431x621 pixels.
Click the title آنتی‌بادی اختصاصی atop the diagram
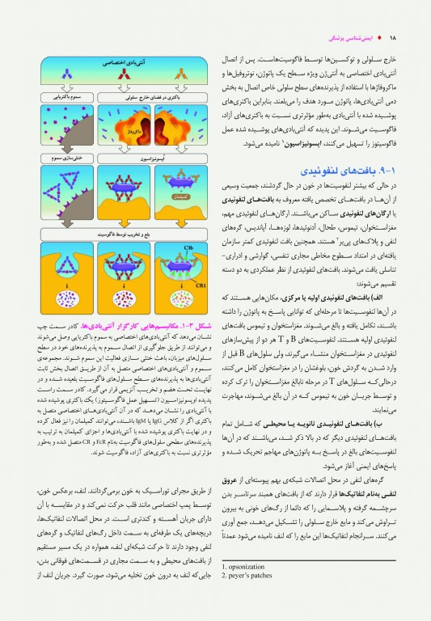coord(123,61)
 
